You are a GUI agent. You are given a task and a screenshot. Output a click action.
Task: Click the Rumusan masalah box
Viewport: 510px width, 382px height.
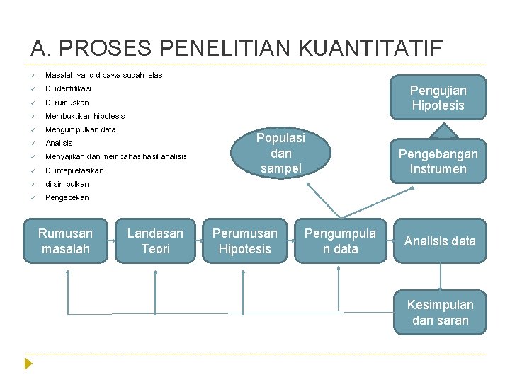point(66,241)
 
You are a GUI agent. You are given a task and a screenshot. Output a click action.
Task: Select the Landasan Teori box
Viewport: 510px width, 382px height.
point(156,241)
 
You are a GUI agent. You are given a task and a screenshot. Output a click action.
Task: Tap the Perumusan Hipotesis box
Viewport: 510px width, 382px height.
point(245,241)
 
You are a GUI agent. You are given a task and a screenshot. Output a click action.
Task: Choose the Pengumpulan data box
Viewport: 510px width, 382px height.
point(341,241)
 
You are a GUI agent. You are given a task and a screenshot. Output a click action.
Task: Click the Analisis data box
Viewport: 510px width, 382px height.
point(440,241)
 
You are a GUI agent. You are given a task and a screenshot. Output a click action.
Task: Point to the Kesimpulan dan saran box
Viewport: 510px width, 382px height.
point(440,313)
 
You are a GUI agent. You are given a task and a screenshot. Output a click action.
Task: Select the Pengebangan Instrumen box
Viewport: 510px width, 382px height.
point(438,161)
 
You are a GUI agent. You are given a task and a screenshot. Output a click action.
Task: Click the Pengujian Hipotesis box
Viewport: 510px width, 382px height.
point(438,98)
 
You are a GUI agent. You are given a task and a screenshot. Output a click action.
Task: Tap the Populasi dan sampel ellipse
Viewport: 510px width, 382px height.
point(281,153)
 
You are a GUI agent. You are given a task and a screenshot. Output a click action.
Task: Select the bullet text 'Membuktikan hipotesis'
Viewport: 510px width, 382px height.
point(85,116)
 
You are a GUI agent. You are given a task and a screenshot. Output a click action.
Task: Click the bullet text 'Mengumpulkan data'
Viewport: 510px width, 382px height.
point(81,129)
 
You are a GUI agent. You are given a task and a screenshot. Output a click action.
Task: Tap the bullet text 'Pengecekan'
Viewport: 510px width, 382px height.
point(67,197)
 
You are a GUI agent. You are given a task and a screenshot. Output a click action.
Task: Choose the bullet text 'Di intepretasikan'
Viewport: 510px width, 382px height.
point(74,170)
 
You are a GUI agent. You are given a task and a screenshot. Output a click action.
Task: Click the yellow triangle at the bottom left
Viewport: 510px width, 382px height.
point(28,364)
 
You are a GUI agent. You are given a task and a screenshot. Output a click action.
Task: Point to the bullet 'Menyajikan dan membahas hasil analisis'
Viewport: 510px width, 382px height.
point(116,156)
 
